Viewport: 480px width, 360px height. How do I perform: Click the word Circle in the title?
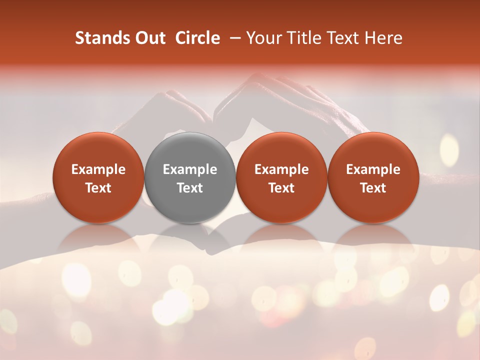pos(197,38)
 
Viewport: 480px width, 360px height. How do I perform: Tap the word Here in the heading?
pos(384,38)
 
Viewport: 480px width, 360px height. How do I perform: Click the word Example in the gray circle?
pos(190,169)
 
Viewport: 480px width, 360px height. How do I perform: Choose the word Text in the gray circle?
pos(190,188)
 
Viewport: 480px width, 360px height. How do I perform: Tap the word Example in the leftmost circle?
pos(98,169)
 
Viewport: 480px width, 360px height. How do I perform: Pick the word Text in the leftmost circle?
pos(98,188)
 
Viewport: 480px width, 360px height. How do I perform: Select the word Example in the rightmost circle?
pos(373,169)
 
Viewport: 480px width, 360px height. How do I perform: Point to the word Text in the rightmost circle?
pos(373,188)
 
